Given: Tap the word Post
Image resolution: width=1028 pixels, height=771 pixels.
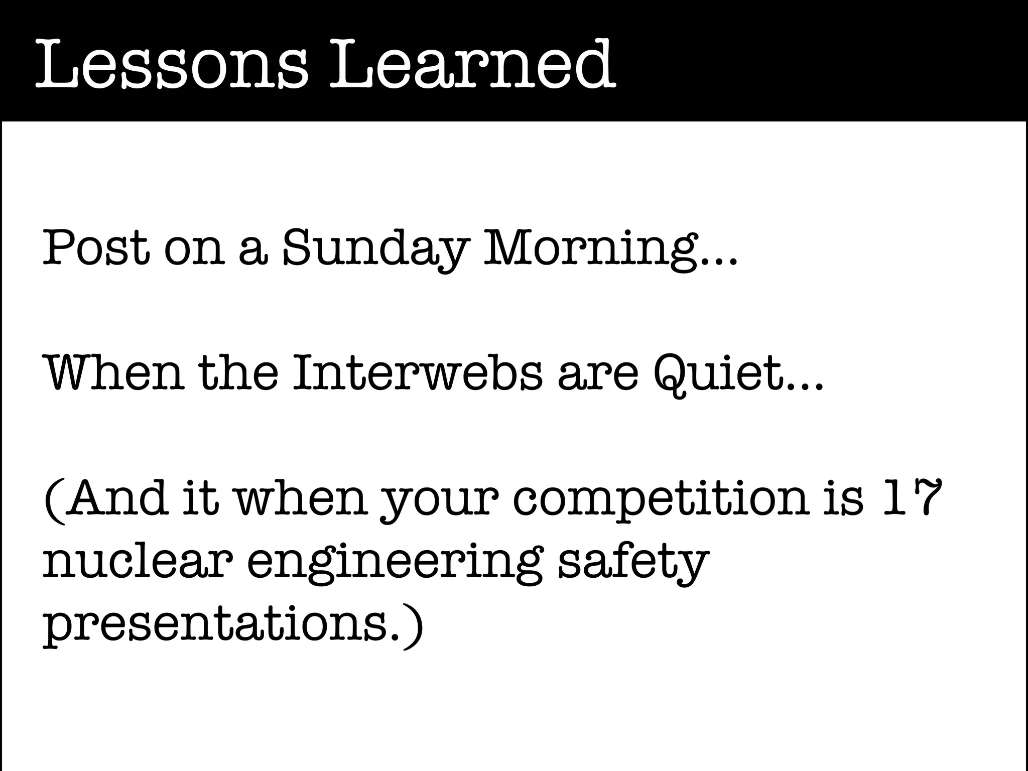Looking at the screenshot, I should click(x=95, y=247).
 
